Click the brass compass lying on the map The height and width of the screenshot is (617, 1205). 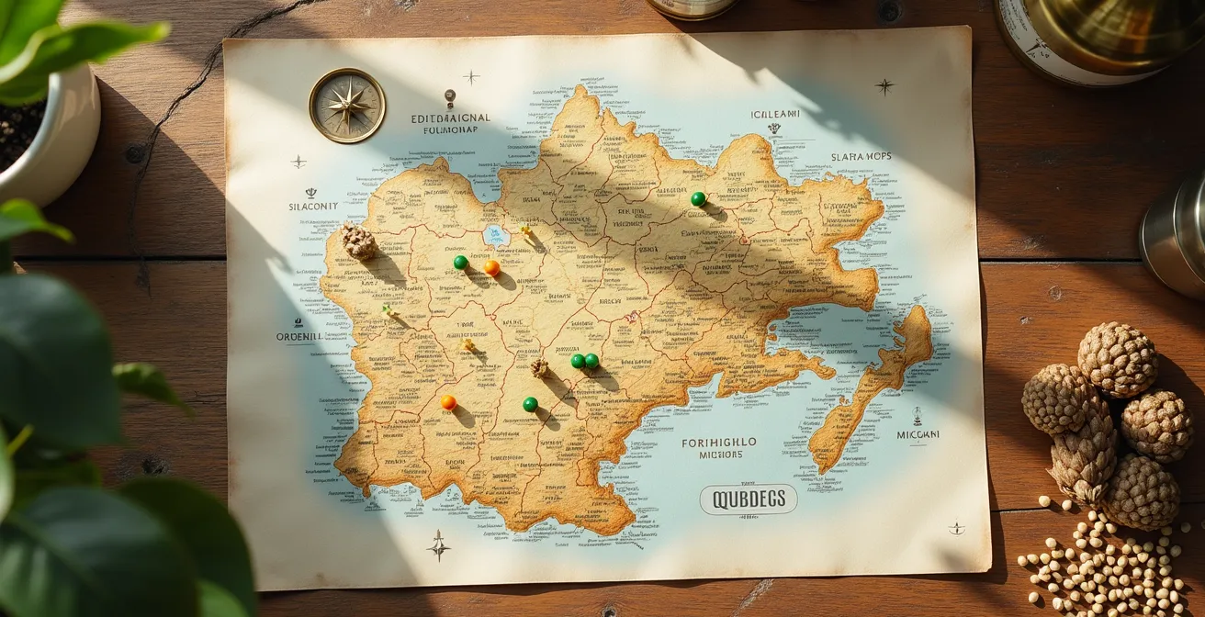tap(346, 106)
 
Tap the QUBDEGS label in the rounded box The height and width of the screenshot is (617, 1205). tap(748, 499)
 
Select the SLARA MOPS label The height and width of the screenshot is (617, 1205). tap(861, 157)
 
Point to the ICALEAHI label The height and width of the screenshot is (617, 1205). tap(775, 115)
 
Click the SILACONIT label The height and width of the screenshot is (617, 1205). tap(313, 207)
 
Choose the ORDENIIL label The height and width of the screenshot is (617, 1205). tap(299, 337)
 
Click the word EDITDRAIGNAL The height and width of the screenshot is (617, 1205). tap(450, 118)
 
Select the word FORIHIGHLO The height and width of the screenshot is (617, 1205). tap(719, 443)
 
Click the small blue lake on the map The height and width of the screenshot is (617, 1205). tap(496, 235)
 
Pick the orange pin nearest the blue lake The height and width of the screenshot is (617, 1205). tap(492, 267)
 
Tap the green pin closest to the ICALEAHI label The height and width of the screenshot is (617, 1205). tap(698, 198)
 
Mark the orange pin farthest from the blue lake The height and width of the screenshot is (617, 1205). tap(448, 402)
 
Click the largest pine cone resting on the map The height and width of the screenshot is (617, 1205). tap(358, 242)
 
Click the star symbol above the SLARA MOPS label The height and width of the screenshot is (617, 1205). tap(884, 86)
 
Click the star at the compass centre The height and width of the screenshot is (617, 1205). tap(346, 106)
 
